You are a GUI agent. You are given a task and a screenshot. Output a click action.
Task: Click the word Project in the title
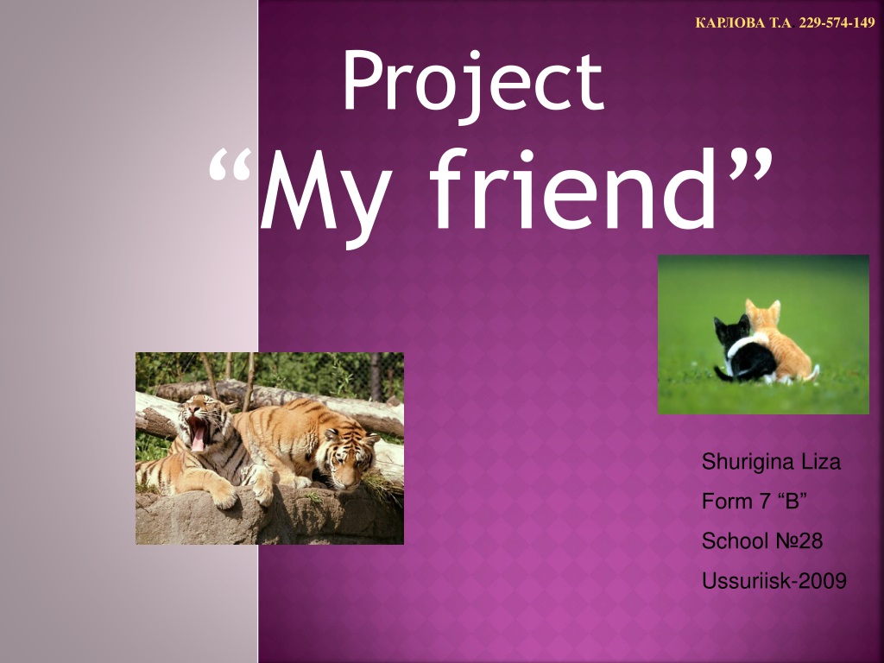coord(474,85)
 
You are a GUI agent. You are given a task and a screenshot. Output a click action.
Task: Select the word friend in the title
coord(573,188)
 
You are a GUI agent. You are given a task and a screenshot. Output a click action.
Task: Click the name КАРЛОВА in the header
coord(730,23)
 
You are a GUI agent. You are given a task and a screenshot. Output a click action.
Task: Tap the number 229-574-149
coord(837,23)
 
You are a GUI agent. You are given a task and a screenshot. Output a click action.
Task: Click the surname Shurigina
coord(740,463)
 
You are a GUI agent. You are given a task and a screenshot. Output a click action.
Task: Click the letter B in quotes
coord(792,501)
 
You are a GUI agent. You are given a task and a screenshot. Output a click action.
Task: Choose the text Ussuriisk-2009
coord(774,581)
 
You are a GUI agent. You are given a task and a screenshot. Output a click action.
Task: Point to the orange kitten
coord(781,344)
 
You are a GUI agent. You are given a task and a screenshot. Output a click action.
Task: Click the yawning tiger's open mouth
coord(198,433)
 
